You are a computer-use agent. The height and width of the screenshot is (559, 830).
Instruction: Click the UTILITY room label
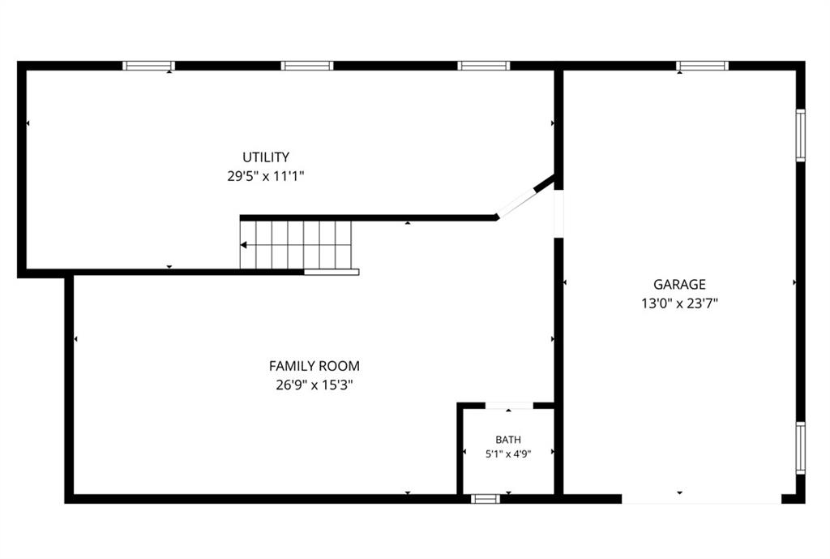pyautogui.click(x=266, y=157)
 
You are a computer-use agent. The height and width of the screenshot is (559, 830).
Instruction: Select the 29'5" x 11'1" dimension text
pyautogui.click(x=266, y=176)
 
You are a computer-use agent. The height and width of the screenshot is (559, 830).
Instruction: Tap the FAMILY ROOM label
pyautogui.click(x=314, y=366)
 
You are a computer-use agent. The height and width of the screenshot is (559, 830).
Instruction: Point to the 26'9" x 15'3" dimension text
pyautogui.click(x=314, y=385)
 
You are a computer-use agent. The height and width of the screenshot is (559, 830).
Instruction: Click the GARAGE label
pyautogui.click(x=680, y=285)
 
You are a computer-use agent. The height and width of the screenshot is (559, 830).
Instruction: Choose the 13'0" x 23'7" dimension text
pyautogui.click(x=680, y=303)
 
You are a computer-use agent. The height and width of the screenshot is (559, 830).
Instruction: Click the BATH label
pyautogui.click(x=508, y=440)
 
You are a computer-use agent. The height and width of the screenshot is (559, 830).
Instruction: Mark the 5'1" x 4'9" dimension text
pyautogui.click(x=508, y=454)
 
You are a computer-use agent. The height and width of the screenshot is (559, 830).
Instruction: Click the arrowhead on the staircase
pyautogui.click(x=243, y=245)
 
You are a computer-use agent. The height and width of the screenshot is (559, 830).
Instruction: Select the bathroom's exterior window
pyautogui.click(x=486, y=499)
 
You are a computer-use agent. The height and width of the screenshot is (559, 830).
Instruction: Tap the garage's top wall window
pyautogui.click(x=703, y=66)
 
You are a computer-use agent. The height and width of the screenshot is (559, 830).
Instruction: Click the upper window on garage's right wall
pyautogui.click(x=801, y=135)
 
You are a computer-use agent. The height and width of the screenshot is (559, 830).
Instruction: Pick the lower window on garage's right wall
pyautogui.click(x=801, y=448)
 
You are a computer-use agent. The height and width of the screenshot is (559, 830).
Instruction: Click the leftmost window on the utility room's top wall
pyautogui.click(x=149, y=66)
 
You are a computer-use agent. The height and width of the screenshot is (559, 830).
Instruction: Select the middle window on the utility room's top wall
pyautogui.click(x=307, y=66)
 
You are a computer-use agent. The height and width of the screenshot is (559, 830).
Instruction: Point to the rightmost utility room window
pyautogui.click(x=484, y=66)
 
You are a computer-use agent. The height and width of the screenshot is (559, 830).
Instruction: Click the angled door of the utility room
pyautogui.click(x=517, y=203)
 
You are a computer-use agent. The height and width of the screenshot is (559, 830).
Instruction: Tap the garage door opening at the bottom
pyautogui.click(x=701, y=499)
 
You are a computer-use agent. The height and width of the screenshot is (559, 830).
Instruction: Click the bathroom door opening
pyautogui.click(x=509, y=406)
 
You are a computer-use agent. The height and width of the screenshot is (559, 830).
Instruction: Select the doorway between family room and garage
pyautogui.click(x=558, y=213)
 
